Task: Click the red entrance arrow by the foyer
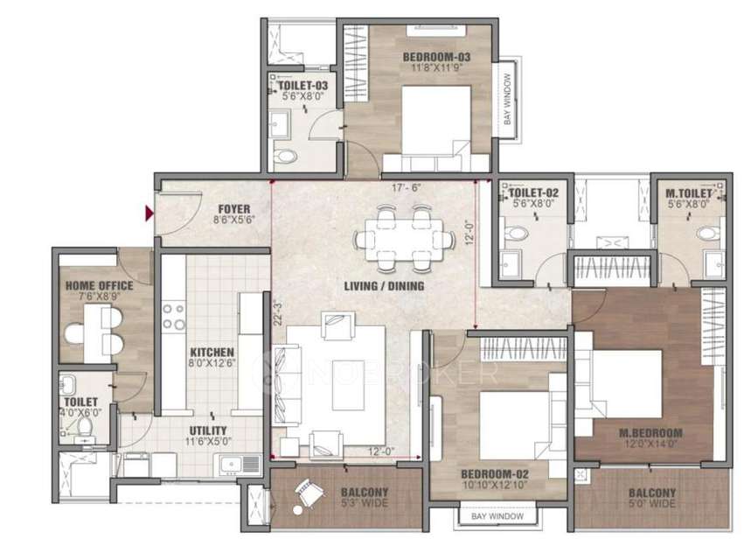point(150,213)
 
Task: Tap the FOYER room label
point(233,209)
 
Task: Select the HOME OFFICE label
point(99,285)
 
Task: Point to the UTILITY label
point(208,430)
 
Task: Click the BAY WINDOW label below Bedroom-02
point(497,516)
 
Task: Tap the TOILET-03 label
point(298,85)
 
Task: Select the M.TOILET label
point(686,192)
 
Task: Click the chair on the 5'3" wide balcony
point(308,496)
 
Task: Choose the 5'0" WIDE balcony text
point(651,504)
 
